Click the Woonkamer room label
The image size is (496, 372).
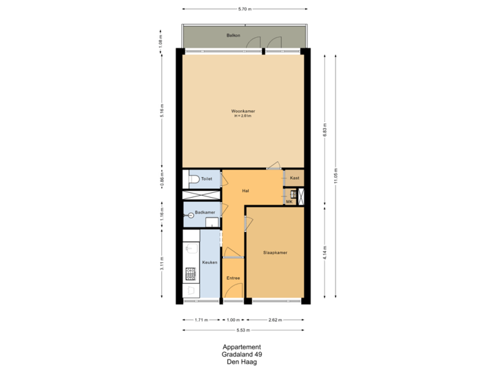click(x=242, y=110)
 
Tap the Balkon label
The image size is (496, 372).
click(x=233, y=34)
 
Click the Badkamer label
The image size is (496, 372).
click(x=205, y=213)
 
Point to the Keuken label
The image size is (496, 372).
click(x=209, y=262)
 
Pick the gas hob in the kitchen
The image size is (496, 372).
click(x=189, y=275)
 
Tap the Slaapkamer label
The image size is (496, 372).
click(x=275, y=253)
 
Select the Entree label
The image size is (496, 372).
click(x=233, y=278)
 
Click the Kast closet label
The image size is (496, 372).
click(x=294, y=178)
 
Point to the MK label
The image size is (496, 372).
click(x=289, y=201)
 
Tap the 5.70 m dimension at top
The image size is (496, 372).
click(x=244, y=10)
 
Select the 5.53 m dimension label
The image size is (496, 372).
click(x=244, y=331)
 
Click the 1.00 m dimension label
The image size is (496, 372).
click(x=234, y=320)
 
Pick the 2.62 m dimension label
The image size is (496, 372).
click(x=274, y=320)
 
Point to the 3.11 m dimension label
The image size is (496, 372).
click(x=162, y=264)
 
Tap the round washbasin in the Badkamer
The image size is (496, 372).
click(x=187, y=214)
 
